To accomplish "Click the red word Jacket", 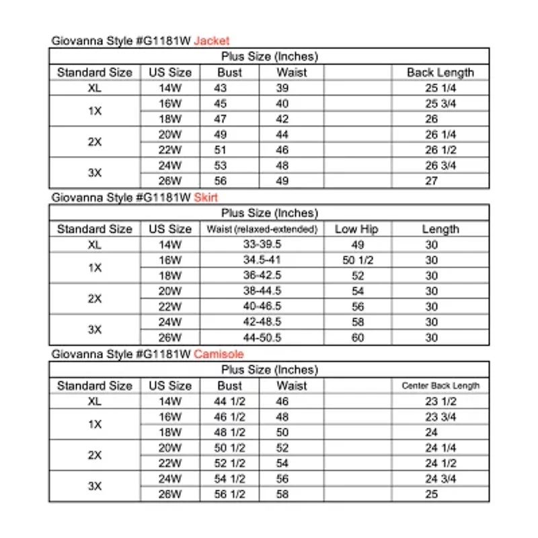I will [212, 40].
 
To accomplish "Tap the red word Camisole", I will [219, 354].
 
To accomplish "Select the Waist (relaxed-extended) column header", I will [262, 229].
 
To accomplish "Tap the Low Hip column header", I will [357, 229].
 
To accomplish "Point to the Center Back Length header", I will [440, 386].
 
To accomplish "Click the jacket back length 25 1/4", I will [440, 88].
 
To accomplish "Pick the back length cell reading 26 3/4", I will [440, 165].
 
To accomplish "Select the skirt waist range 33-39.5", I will [262, 245].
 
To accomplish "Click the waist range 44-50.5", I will [262, 338].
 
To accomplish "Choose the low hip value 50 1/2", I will [357, 260].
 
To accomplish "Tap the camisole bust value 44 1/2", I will [229, 401].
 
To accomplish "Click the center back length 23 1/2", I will [440, 401].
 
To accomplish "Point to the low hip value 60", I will [357, 338].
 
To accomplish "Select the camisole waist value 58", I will [282, 494].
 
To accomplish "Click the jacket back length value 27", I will [431, 180].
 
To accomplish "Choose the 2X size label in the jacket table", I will [95, 141].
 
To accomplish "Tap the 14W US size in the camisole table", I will [170, 401].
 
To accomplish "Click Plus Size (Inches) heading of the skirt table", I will [269, 213].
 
